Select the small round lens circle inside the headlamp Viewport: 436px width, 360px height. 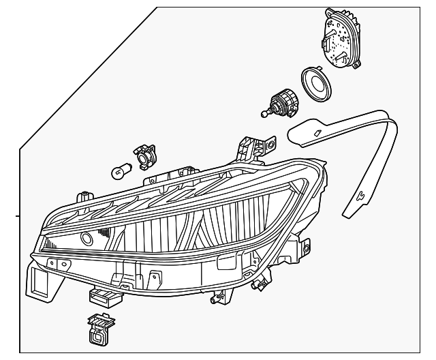click(x=87, y=239)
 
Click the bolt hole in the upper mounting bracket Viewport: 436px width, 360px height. click(x=272, y=145)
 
